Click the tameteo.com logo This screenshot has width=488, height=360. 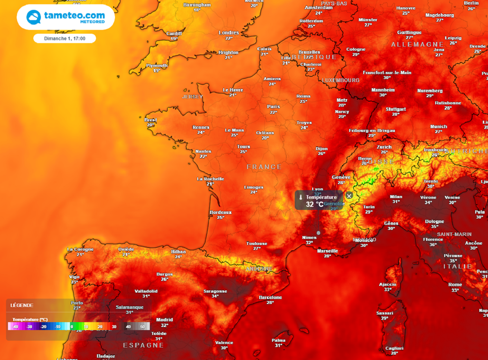[x=66, y=17]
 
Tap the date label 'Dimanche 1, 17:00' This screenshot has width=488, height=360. [x=65, y=39]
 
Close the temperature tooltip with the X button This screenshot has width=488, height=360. [x=349, y=196]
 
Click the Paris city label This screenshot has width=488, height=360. [x=274, y=107]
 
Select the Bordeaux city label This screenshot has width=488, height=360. [x=221, y=212]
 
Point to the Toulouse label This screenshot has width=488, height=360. [x=257, y=244]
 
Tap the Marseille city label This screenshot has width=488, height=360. [x=327, y=251]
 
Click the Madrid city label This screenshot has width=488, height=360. [x=164, y=320]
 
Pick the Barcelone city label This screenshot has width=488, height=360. [x=270, y=298]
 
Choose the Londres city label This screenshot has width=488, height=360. [x=229, y=33]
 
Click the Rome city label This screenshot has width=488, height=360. [x=455, y=285]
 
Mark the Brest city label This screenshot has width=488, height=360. [x=151, y=120]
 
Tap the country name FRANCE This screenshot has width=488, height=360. [x=264, y=167]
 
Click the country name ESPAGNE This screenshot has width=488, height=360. [x=143, y=345]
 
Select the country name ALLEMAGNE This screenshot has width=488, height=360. [x=417, y=44]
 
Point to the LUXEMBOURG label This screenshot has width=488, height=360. [x=341, y=80]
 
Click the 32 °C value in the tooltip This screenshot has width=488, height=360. [x=315, y=204]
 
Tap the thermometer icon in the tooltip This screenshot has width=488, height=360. [x=300, y=197]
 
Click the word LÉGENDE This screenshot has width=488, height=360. [x=22, y=305]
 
